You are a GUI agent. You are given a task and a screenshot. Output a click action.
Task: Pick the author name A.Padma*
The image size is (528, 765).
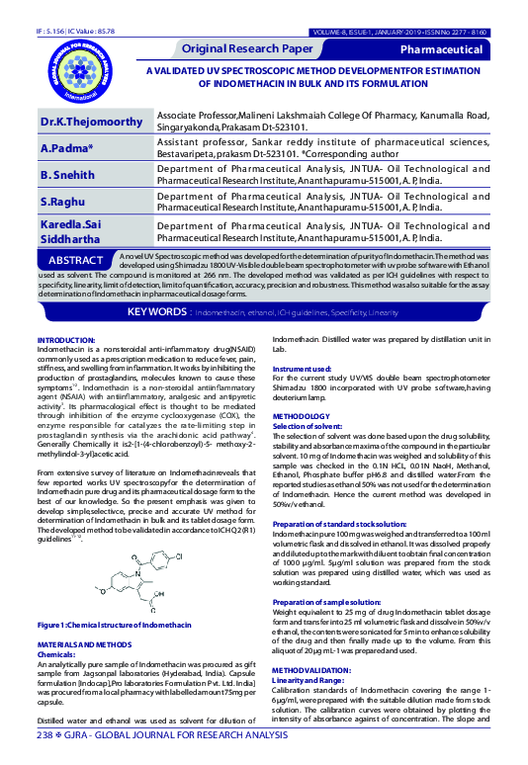[x=67, y=148]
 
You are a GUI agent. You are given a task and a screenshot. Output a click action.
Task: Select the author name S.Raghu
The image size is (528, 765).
[x=62, y=202]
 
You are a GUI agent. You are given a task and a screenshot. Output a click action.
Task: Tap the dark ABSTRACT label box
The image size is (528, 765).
[x=76, y=260]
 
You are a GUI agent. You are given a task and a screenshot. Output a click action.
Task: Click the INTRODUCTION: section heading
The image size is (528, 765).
[x=65, y=339]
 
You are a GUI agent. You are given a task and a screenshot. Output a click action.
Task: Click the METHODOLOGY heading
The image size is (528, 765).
[x=301, y=417]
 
